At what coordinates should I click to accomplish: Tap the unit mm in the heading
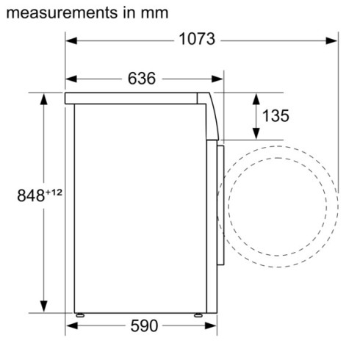click(x=153, y=13)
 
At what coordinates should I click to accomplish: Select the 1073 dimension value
click(x=197, y=40)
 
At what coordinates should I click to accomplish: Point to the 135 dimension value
click(x=276, y=115)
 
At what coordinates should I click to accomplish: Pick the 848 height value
click(x=31, y=196)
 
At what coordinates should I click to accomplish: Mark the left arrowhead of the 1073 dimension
click(x=71, y=40)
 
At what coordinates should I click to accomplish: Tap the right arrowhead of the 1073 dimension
click(x=333, y=40)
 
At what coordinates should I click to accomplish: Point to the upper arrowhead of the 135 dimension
click(x=256, y=97)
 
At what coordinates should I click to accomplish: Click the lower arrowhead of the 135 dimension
click(x=256, y=134)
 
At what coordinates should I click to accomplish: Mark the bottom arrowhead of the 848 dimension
click(x=45, y=309)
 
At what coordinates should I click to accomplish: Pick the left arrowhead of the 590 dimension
click(x=71, y=325)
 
